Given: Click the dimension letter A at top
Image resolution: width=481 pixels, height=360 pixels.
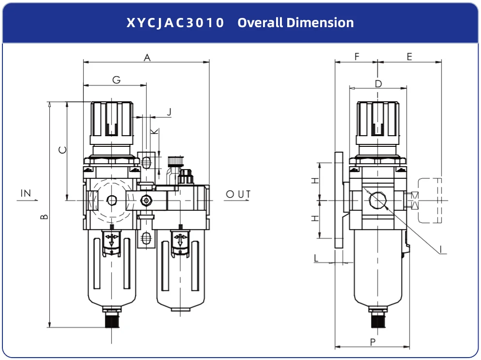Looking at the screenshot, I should (x=148, y=57).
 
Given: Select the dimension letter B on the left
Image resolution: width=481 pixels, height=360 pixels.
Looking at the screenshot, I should (x=44, y=216).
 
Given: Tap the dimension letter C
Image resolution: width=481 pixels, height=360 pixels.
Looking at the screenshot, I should (x=62, y=151).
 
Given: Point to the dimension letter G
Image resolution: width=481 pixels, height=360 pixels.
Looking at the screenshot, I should (x=116, y=80).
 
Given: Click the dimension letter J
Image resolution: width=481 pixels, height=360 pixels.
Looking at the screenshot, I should (x=169, y=112).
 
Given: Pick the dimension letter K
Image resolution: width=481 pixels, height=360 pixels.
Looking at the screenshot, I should (x=154, y=132).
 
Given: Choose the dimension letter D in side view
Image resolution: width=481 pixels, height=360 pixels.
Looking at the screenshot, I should (x=378, y=84).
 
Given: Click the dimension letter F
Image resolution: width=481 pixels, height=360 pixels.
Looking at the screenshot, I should (x=357, y=57).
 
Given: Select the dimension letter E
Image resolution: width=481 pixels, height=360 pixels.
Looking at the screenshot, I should (x=409, y=57).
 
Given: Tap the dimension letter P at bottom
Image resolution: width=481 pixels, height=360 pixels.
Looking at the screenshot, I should (x=372, y=342).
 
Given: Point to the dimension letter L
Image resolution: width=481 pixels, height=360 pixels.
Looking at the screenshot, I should (x=316, y=258).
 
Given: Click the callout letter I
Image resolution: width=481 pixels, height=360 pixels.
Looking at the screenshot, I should (x=441, y=250).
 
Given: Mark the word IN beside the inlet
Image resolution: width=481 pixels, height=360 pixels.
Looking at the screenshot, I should (x=26, y=193).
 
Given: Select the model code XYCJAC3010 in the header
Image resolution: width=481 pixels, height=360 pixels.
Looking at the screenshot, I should (x=175, y=23).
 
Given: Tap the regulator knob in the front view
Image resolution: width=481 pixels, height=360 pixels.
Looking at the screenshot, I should (x=112, y=120).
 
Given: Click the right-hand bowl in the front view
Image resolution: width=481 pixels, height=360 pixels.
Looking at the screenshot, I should (x=180, y=271).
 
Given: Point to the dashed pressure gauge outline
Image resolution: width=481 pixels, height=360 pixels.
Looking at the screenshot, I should (x=430, y=201).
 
